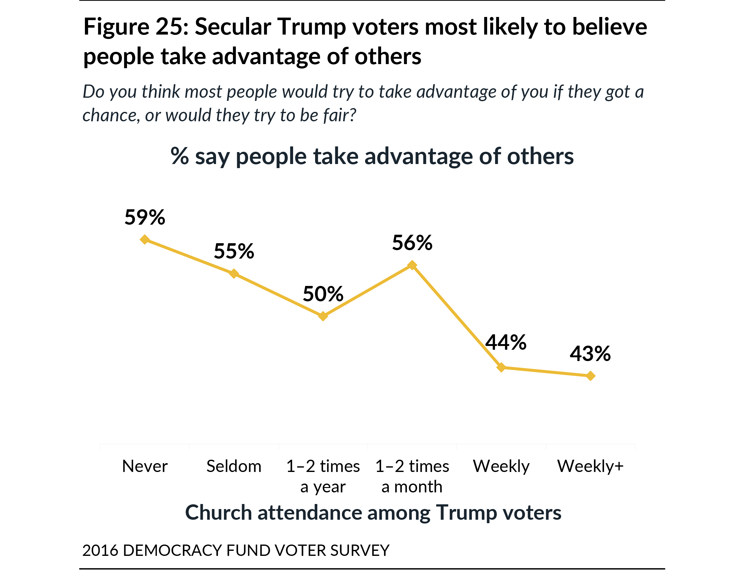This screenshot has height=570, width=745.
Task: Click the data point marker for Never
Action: (145, 239)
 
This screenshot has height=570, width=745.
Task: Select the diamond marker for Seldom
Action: (234, 273)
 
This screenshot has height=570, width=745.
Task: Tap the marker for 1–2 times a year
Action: (323, 316)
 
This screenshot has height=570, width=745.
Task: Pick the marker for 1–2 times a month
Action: (412, 265)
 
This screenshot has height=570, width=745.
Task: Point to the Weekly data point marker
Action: (501, 367)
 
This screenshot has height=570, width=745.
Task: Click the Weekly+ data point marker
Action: (591, 376)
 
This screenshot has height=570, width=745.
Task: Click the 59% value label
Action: (145, 217)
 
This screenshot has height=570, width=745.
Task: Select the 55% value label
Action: (234, 251)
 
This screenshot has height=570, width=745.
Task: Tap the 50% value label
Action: (323, 294)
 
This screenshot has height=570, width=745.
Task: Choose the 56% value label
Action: (412, 243)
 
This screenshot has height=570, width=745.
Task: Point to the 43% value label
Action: (590, 354)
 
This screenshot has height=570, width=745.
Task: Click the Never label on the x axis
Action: (145, 466)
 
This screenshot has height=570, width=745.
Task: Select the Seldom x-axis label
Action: (234, 466)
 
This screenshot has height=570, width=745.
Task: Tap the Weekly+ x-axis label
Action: (590, 466)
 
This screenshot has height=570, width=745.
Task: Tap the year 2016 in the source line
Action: (100, 550)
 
